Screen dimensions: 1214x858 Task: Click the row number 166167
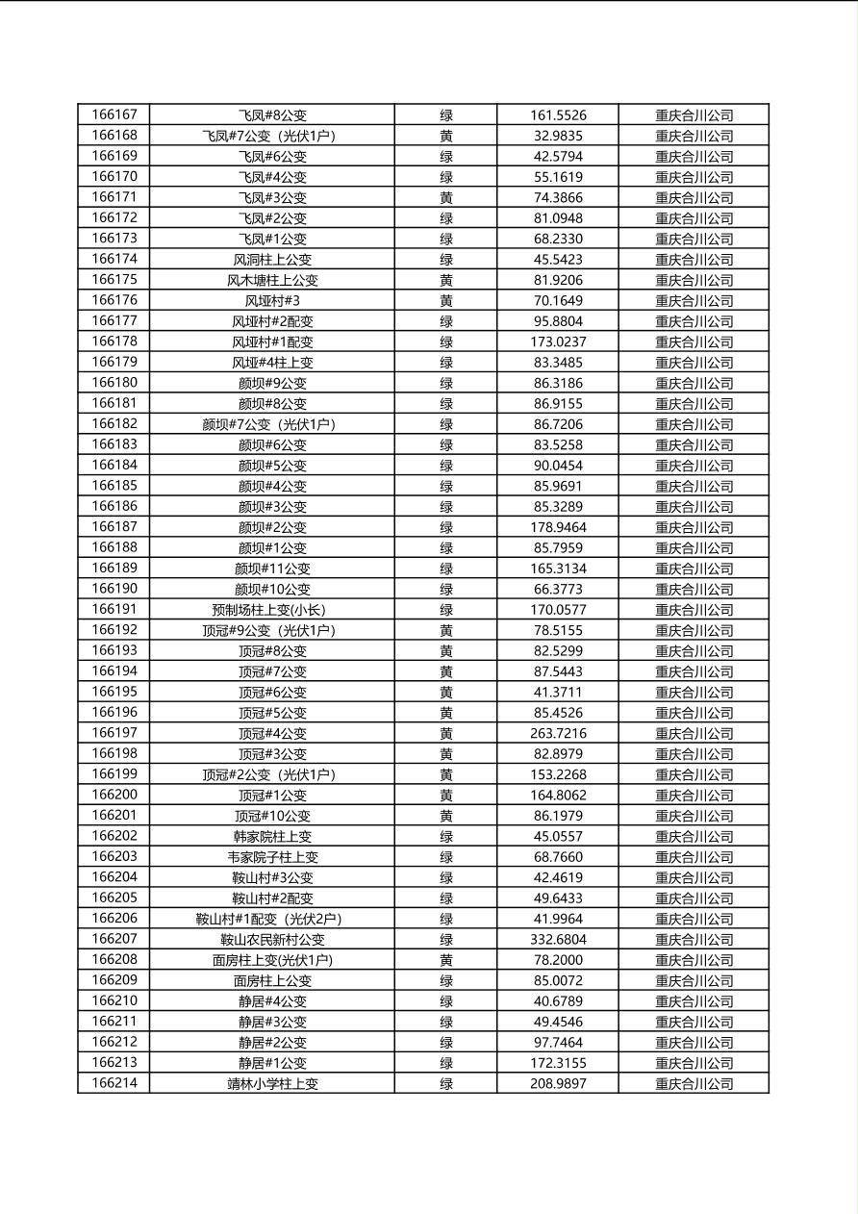114,114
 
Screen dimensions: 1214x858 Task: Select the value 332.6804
558,940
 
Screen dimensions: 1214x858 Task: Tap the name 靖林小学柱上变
272,1084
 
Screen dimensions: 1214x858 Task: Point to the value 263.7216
558,733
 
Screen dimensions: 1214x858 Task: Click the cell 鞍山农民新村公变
272,940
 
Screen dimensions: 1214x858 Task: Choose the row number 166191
114,609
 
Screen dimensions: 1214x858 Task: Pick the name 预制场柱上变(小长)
272,610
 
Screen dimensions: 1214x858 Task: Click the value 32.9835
558,136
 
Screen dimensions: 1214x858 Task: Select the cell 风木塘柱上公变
272,280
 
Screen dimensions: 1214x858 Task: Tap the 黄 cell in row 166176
446,300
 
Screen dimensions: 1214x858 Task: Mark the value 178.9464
558,527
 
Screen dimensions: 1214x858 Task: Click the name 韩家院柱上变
272,837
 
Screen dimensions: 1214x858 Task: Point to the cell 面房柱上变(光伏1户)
272,960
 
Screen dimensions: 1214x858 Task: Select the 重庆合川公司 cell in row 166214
694,1084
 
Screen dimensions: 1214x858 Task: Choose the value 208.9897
558,1084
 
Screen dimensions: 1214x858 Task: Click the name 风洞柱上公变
272,259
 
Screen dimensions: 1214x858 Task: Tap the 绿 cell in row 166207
446,940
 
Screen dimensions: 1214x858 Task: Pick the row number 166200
114,795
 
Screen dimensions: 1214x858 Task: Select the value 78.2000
558,960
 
